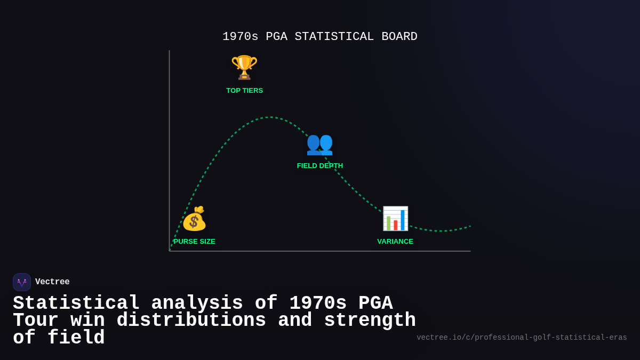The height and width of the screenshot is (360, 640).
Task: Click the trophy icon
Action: pos(244,68)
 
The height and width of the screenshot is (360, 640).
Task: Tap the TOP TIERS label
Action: pos(244,91)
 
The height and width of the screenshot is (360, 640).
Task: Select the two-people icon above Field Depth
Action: pos(319,144)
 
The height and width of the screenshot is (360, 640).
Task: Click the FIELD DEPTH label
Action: pos(319,166)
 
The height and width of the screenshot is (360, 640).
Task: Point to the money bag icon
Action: pos(194,219)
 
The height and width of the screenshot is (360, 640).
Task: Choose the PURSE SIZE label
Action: pos(195,242)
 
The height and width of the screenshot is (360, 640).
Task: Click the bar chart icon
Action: pos(395,219)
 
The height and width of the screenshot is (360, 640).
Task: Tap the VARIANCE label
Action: pos(395,242)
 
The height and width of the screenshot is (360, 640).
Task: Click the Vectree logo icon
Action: pos(22,282)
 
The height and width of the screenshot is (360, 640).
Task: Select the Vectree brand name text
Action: pos(52,282)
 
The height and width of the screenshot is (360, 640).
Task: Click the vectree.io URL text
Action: pos(522,338)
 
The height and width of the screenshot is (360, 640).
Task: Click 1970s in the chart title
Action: pos(240,37)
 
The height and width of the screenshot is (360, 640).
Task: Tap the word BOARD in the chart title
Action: pos(399,37)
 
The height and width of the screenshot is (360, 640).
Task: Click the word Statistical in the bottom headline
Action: pos(76,303)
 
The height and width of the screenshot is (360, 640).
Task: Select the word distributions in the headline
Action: pos(191,321)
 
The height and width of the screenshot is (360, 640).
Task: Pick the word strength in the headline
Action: pos(370,321)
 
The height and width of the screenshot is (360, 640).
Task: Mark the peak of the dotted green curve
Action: pos(270,117)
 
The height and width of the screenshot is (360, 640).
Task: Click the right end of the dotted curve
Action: pos(470,226)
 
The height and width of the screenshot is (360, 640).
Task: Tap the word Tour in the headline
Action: pos(36,321)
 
